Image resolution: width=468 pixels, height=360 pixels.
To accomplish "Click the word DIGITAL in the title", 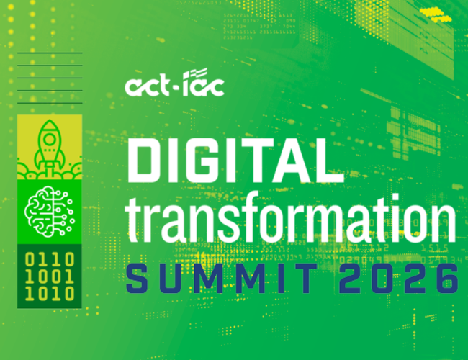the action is tap(235, 161).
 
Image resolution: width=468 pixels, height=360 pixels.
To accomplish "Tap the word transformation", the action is tap(291, 218).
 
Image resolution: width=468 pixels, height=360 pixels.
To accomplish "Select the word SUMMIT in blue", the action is tap(222, 278).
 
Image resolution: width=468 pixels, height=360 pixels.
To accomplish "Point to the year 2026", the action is tap(399, 278).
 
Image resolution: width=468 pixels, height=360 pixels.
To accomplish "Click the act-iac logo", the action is tap(175, 82).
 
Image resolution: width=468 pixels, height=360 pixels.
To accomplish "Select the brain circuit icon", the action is tap(49, 212).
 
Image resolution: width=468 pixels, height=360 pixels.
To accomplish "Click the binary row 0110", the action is tap(50, 259).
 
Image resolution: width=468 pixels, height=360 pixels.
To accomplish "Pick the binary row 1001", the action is tap(50, 276).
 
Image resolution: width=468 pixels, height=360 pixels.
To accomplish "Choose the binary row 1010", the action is tap(50, 294).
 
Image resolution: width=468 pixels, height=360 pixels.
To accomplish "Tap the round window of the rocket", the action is tap(50, 139).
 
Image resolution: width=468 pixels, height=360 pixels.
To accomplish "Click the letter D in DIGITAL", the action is tap(145, 161).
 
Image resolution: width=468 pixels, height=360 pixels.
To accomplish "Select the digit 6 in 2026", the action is tap(447, 278).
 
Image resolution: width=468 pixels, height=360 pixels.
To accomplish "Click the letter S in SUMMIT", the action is tap(137, 278).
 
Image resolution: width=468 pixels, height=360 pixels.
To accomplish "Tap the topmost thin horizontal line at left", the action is tap(50, 53).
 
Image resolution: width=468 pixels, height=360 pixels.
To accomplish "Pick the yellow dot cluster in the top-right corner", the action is tap(436, 14).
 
